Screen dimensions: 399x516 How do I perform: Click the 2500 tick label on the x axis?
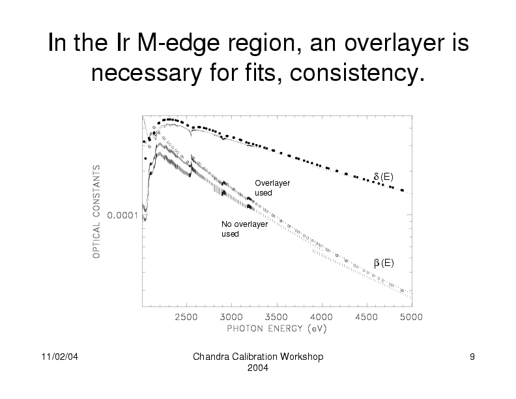coord(186,317)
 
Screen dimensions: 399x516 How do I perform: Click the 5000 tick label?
coord(410,317)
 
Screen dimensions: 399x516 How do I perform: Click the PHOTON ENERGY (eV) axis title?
coord(276,328)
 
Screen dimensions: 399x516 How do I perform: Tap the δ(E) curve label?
coord(383,177)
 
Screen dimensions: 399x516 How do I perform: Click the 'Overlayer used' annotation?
coord(272,188)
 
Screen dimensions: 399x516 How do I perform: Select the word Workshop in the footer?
coord(302,358)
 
